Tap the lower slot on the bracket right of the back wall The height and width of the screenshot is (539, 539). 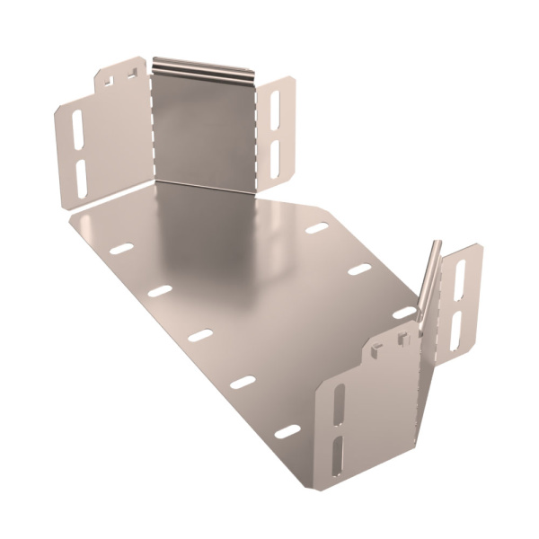tap(275, 156)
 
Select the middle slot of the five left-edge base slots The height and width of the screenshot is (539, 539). tap(199, 335)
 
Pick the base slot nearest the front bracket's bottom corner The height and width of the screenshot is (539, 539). tap(287, 431)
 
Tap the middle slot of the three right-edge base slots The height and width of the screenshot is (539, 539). tap(359, 269)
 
